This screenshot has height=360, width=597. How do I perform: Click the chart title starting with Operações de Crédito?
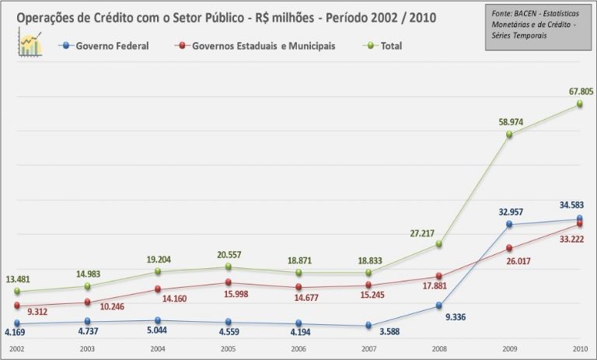[225, 17]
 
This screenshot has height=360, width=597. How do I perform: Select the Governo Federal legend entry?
[105, 46]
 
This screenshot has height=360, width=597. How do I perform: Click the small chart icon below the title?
[30, 44]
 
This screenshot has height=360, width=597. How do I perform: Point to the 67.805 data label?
[581, 91]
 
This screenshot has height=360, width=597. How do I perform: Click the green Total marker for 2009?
[509, 135]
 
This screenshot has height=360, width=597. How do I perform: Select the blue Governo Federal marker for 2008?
[438, 306]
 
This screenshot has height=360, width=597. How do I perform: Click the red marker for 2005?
[228, 282]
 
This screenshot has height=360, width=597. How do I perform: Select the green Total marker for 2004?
[157, 271]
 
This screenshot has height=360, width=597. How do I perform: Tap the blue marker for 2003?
[87, 322]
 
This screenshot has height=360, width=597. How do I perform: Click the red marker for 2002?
[16, 306]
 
